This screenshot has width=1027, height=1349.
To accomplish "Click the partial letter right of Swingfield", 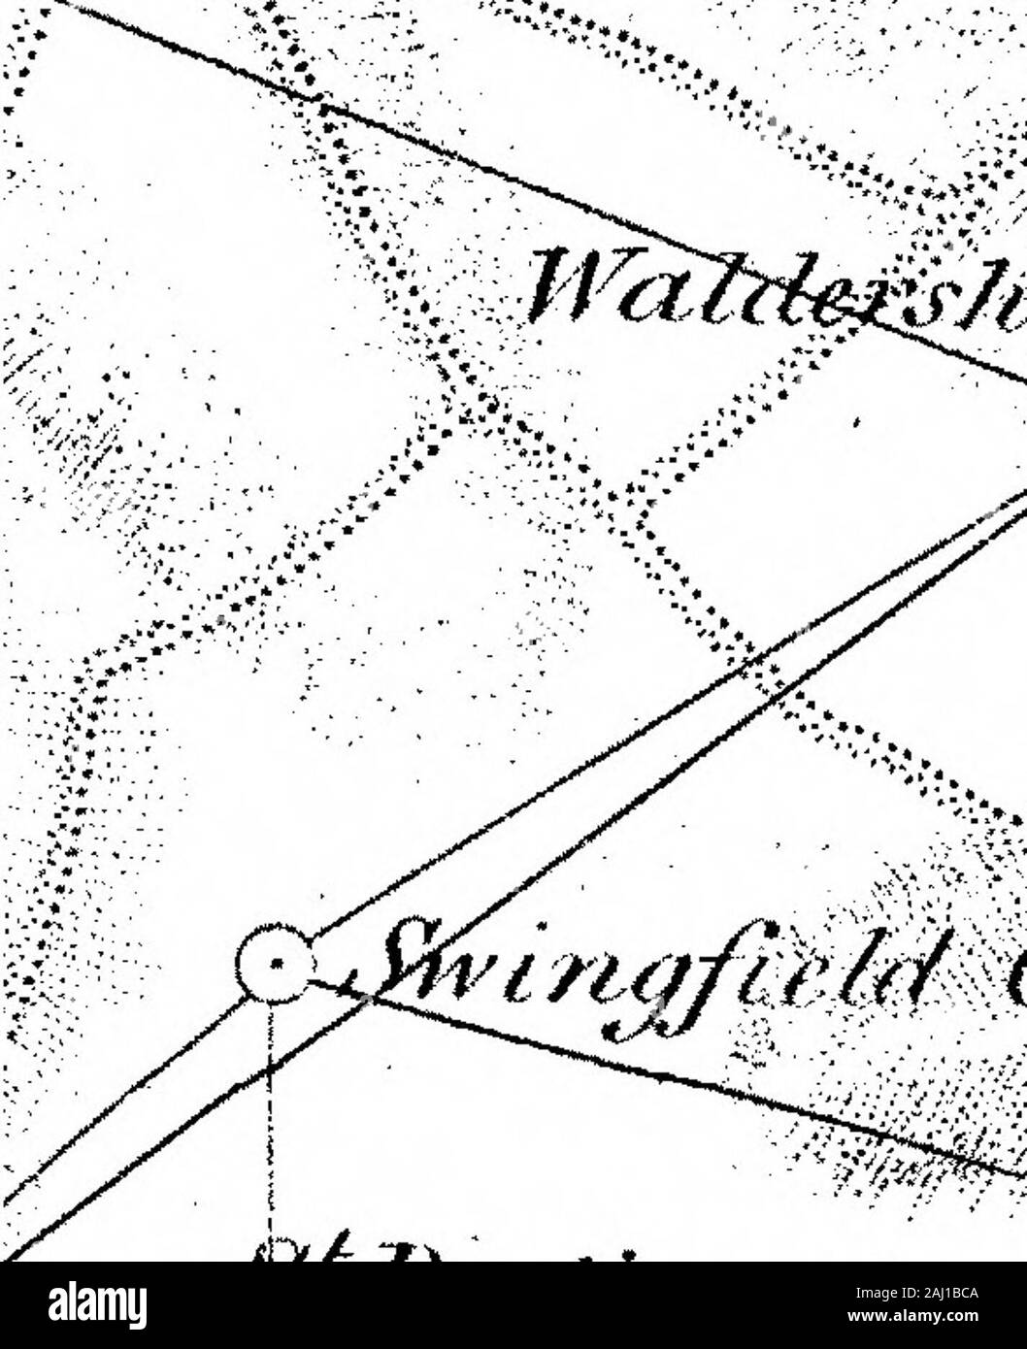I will point(1014,971).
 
